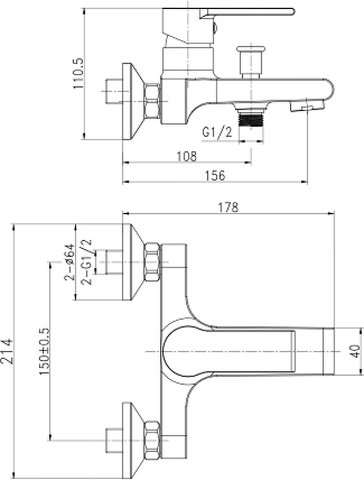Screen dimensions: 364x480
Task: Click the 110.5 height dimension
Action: click(x=78, y=73)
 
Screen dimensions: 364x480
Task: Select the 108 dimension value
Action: click(x=187, y=157)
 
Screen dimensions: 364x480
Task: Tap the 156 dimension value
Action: click(x=215, y=176)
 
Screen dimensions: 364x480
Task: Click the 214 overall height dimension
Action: click(x=7, y=351)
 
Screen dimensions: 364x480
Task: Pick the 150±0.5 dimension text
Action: click(x=44, y=351)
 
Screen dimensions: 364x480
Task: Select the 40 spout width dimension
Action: click(x=355, y=351)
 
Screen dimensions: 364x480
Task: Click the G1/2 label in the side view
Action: click(x=217, y=132)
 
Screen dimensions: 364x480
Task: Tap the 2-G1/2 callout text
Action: click(x=86, y=262)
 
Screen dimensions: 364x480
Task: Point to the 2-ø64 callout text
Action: click(x=69, y=262)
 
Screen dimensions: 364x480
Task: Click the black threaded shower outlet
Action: click(x=251, y=119)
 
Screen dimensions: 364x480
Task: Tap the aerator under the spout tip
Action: click(x=306, y=107)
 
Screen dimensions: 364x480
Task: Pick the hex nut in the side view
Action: click(x=152, y=101)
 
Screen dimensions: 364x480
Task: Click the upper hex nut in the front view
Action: click(x=152, y=262)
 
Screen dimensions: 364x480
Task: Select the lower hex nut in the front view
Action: click(x=152, y=440)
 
